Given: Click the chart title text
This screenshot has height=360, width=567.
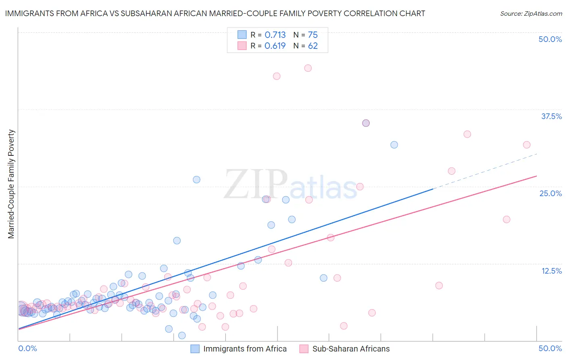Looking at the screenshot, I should tap(215, 13).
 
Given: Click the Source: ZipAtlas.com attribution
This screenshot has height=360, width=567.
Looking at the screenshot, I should tap(531, 14).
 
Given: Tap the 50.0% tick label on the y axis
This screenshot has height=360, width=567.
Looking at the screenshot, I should tap(550, 39).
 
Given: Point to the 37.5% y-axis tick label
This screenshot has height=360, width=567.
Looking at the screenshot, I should tap(551, 116).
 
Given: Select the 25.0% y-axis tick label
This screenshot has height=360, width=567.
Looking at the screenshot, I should tap(550, 193).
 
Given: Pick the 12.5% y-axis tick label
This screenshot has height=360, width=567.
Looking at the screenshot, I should tap(551, 271).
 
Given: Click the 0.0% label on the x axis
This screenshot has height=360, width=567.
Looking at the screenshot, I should tap(27, 348).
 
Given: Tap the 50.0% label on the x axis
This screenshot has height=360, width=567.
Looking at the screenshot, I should tap(550, 348).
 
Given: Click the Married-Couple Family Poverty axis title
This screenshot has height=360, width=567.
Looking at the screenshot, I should tap(11, 184).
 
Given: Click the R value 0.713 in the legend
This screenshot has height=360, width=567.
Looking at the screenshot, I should tap(275, 35).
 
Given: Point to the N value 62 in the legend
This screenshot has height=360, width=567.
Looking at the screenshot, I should tap(313, 46).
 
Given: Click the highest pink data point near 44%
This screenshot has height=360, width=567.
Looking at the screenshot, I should tap(308, 68).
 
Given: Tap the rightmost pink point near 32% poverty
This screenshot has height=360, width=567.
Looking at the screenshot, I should tap(526, 145).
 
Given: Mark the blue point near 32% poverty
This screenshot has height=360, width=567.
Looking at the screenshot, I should tap(394, 145).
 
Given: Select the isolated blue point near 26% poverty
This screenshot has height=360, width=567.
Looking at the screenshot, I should tap(196, 180).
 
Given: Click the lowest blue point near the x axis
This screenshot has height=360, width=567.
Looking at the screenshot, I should tap(182, 335).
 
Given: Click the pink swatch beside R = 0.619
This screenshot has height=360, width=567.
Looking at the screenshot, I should tap(242, 46).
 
